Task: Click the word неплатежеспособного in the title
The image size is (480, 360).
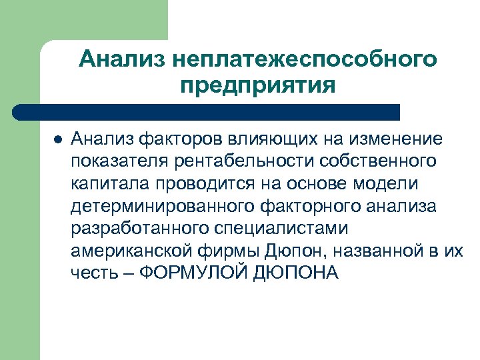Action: click(304, 59)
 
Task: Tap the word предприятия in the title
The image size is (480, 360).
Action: click(257, 86)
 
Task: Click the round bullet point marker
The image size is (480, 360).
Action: click(57, 139)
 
